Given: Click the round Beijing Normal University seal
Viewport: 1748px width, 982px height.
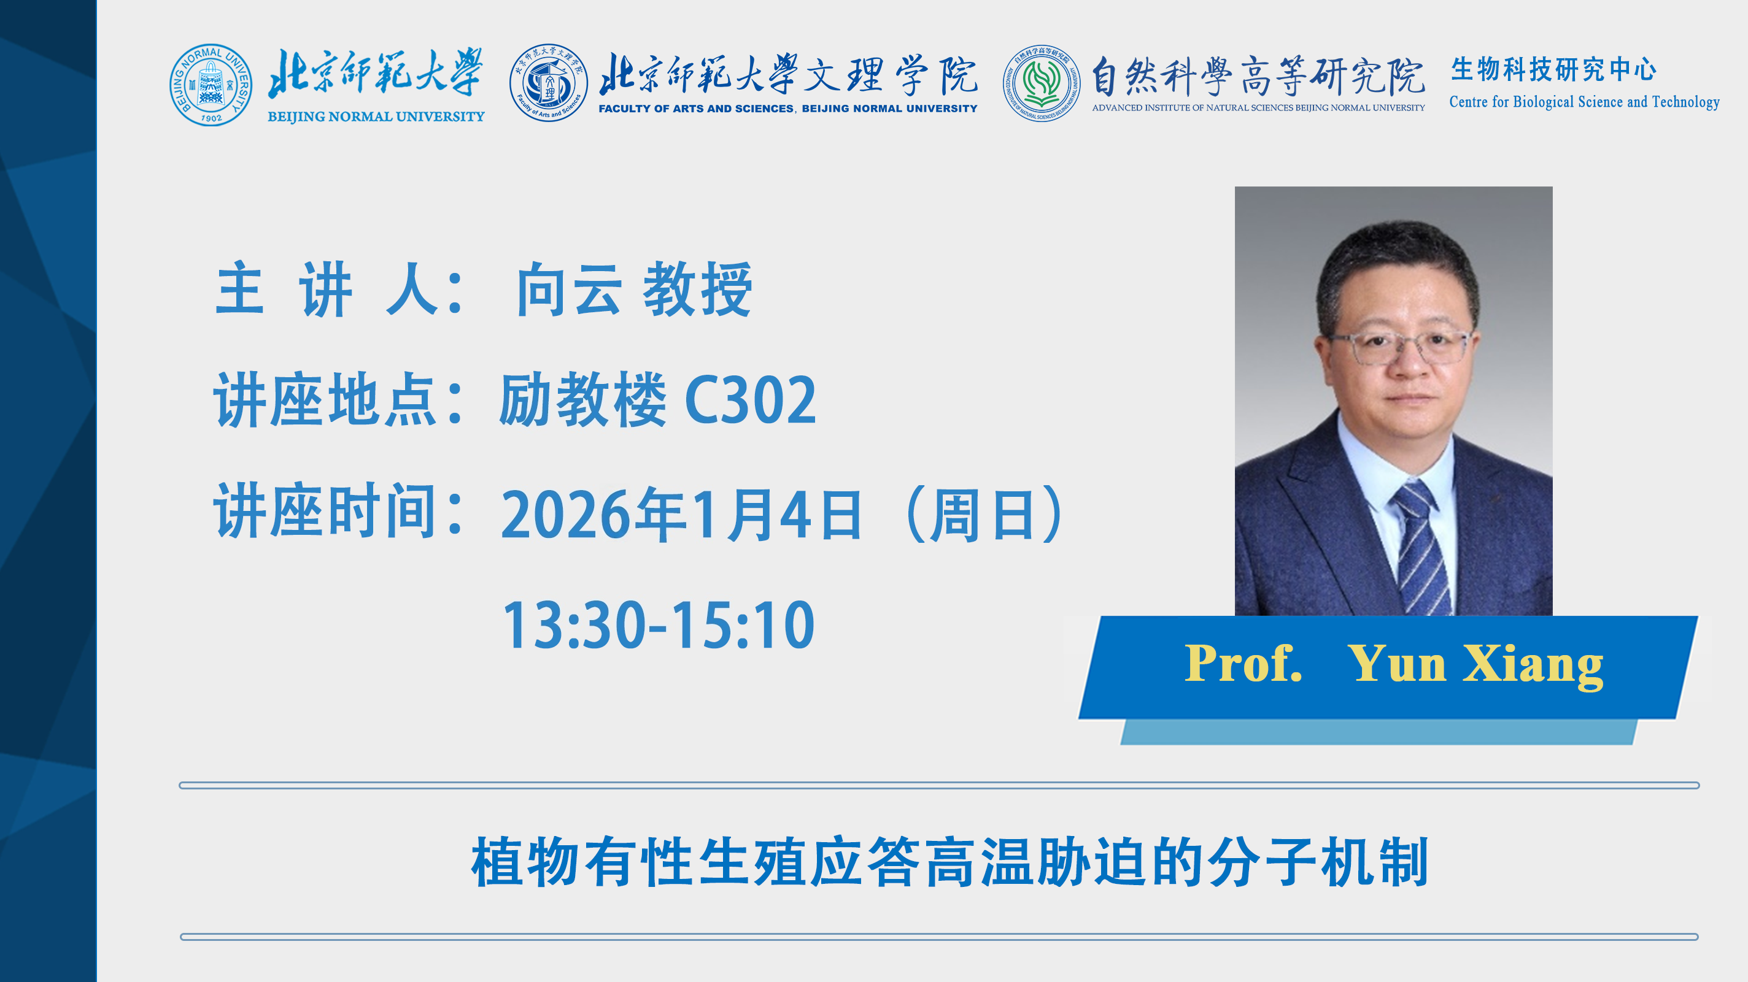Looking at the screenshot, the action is point(211,85).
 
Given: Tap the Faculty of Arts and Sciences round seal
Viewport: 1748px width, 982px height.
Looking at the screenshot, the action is point(548,83).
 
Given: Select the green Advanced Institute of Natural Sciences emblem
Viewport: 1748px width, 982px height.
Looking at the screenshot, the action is point(1042,83).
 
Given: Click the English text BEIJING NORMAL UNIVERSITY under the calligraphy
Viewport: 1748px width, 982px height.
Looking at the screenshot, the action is point(376,117).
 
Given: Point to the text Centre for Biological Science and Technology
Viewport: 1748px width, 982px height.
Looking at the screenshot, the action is point(1585,102).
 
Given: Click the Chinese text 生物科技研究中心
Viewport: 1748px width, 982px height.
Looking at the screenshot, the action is point(1554,69).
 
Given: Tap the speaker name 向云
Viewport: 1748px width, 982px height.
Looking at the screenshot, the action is point(568,290).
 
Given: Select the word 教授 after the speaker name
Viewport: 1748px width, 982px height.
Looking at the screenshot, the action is point(698,290).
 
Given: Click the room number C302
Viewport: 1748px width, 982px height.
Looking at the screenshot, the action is point(751,400).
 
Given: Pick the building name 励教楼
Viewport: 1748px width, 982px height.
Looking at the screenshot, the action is point(583,399).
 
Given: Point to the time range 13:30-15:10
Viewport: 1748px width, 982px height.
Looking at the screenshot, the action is point(658,624).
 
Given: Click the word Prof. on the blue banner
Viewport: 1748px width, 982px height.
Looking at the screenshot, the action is point(1243,663).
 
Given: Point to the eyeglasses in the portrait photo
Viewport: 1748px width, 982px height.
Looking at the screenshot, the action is point(1399,347).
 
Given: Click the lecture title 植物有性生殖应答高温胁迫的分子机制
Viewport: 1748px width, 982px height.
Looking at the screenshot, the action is point(950,861).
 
